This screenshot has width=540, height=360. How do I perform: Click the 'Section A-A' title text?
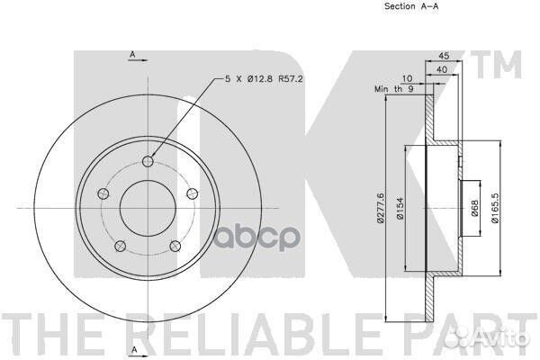click(x=411, y=6)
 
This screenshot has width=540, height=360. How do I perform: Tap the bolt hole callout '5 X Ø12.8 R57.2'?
click(x=264, y=78)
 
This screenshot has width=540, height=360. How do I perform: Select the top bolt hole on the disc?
click(x=148, y=161)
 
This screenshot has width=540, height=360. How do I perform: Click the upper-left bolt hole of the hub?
click(x=103, y=193)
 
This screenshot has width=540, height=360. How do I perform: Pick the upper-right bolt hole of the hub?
click(x=193, y=193)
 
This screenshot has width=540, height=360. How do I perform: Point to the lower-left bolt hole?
click(x=120, y=246)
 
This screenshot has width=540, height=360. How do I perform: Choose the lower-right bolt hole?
click(x=175, y=246)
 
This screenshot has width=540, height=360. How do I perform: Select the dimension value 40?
click(x=442, y=69)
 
